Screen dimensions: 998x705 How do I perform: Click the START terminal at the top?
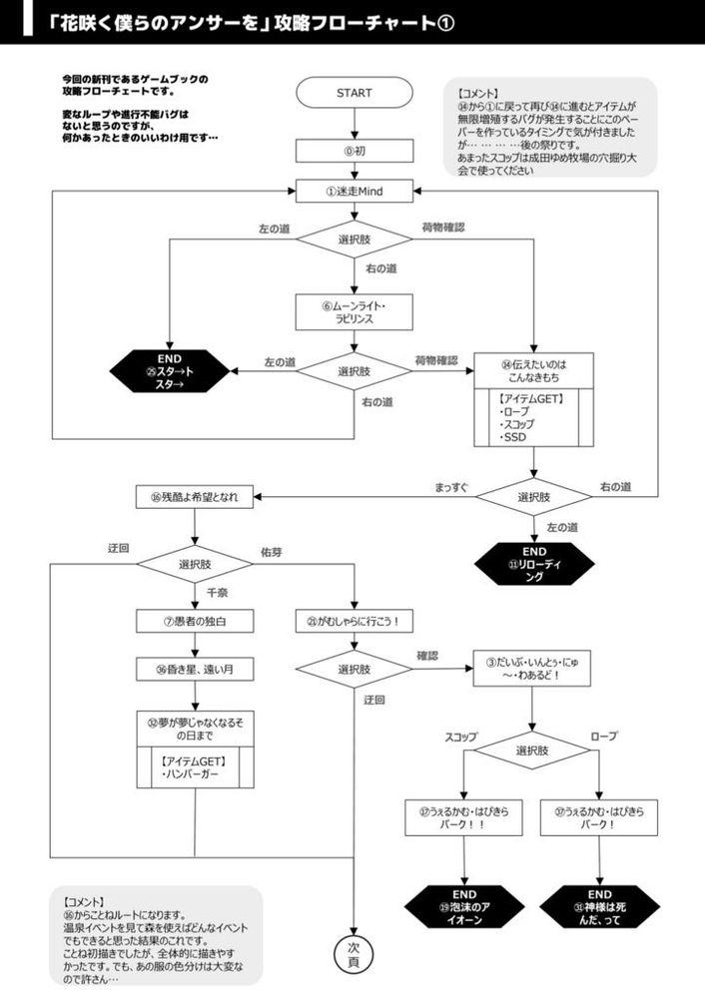(x=354, y=93)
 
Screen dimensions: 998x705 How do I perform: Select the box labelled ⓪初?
(x=354, y=150)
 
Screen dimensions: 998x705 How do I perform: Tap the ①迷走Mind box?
(x=354, y=189)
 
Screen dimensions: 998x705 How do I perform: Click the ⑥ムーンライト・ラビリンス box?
(x=354, y=311)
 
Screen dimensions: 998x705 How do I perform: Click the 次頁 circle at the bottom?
(x=354, y=954)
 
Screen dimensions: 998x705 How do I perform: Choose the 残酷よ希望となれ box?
(x=195, y=496)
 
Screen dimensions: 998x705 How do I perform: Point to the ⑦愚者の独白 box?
(x=195, y=622)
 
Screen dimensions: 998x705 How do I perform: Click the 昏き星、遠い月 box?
(x=195, y=670)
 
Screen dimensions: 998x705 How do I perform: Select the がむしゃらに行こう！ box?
(x=354, y=622)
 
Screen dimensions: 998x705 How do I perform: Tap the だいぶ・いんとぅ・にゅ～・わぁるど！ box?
(x=532, y=668)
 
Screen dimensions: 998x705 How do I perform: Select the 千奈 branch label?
(x=218, y=592)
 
